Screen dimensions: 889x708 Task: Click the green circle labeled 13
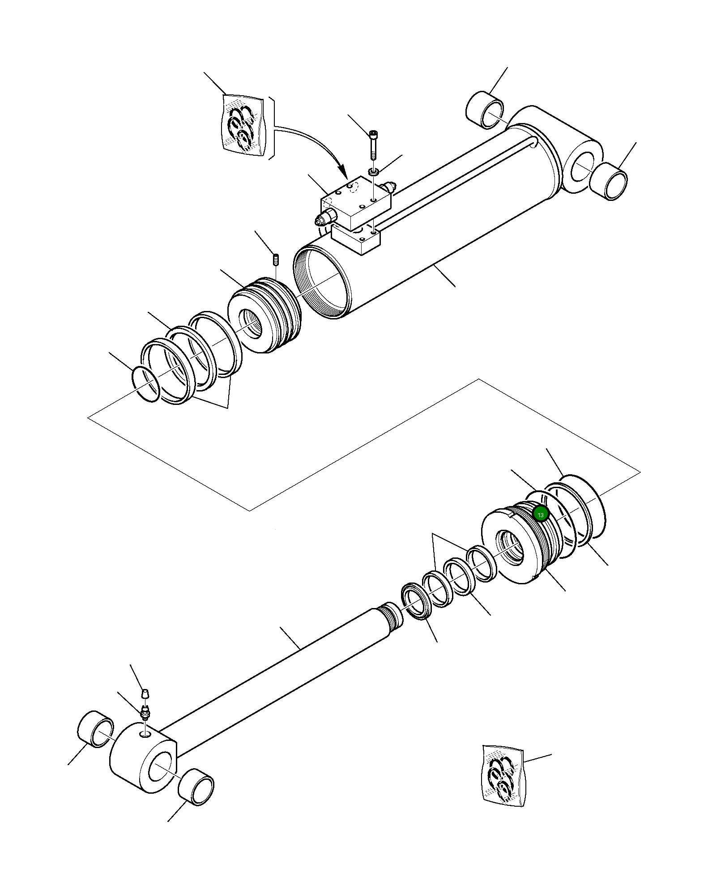pyautogui.click(x=541, y=515)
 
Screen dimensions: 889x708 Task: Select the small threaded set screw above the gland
pyautogui.click(x=276, y=259)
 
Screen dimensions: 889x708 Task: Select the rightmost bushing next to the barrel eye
pyautogui.click(x=608, y=181)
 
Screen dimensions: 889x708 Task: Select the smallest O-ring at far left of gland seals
pyautogui.click(x=146, y=384)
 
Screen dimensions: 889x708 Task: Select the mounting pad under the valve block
pyautogui.click(x=357, y=239)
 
